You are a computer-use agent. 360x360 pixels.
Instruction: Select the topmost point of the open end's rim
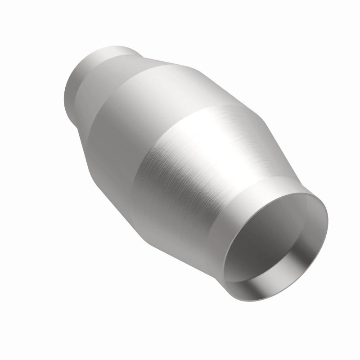tap(310, 194)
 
